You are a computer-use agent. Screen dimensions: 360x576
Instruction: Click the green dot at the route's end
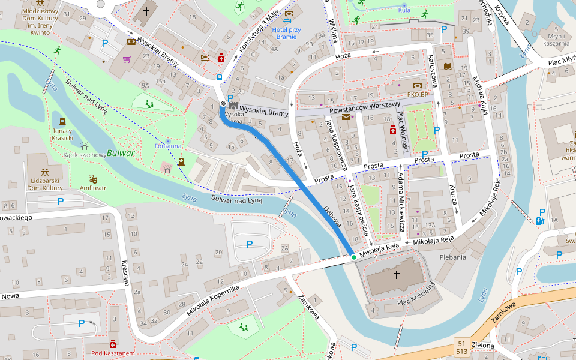(x=354, y=257)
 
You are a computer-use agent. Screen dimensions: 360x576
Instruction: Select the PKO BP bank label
(x=416, y=94)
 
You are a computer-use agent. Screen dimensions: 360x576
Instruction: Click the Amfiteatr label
(x=93, y=188)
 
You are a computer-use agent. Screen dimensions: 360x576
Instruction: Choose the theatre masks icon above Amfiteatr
(x=93, y=178)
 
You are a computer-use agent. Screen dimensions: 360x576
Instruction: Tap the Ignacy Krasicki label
(x=63, y=134)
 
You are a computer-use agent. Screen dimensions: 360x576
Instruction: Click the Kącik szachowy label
(x=84, y=155)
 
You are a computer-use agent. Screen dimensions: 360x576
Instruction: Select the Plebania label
(x=452, y=257)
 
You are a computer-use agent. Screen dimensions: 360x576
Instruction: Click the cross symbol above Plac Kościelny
(x=396, y=275)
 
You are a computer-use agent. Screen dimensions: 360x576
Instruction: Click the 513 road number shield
(x=462, y=351)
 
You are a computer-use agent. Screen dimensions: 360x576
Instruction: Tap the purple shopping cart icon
(x=127, y=59)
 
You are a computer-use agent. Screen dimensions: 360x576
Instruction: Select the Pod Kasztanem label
(x=113, y=353)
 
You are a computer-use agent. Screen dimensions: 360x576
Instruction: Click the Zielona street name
(x=482, y=346)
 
